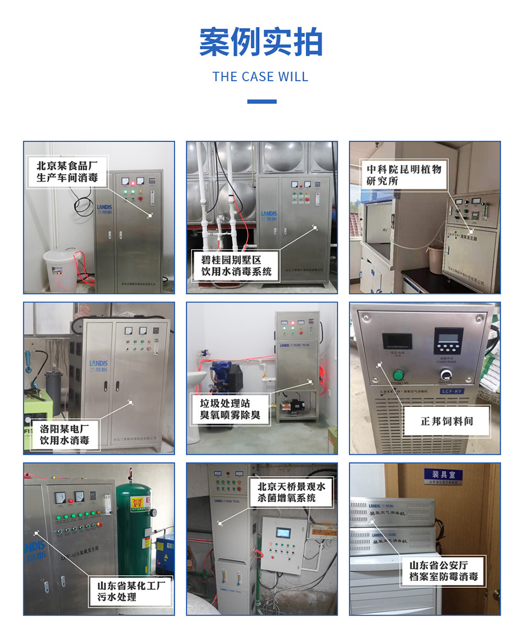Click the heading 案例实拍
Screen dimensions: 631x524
[261, 42]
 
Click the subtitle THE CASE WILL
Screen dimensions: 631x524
[261, 77]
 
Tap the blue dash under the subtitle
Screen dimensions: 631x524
[262, 102]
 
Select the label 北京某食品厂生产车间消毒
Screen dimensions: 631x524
[67, 172]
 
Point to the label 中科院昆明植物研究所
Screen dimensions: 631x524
[404, 175]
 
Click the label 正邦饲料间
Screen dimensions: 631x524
[447, 422]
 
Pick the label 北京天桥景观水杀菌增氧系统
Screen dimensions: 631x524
[291, 492]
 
